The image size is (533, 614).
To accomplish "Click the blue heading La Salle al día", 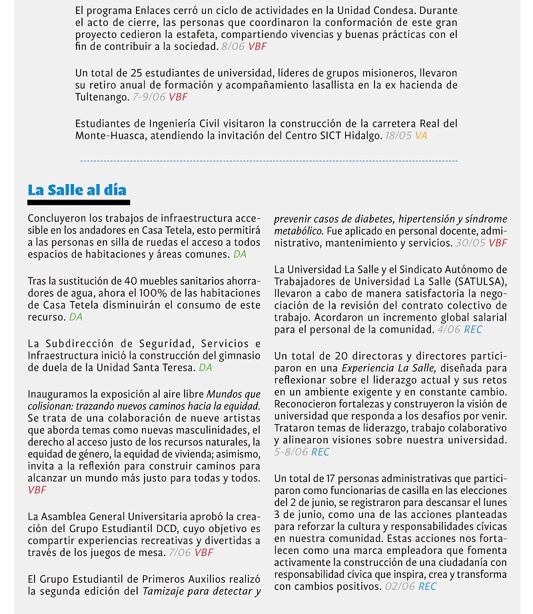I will pos(77,189).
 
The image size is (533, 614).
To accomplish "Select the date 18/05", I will pos(398,135).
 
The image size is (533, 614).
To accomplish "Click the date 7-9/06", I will pos(149,97).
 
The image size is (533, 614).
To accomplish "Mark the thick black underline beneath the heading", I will pos(79,202).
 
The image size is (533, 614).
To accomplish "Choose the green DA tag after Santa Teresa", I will pos(205,367).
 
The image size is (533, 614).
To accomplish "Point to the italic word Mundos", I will pos(224,393).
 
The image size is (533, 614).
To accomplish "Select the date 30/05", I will pos(470,243).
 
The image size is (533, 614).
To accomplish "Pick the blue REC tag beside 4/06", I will pos(473,329).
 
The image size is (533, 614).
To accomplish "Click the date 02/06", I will pos(400,586).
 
